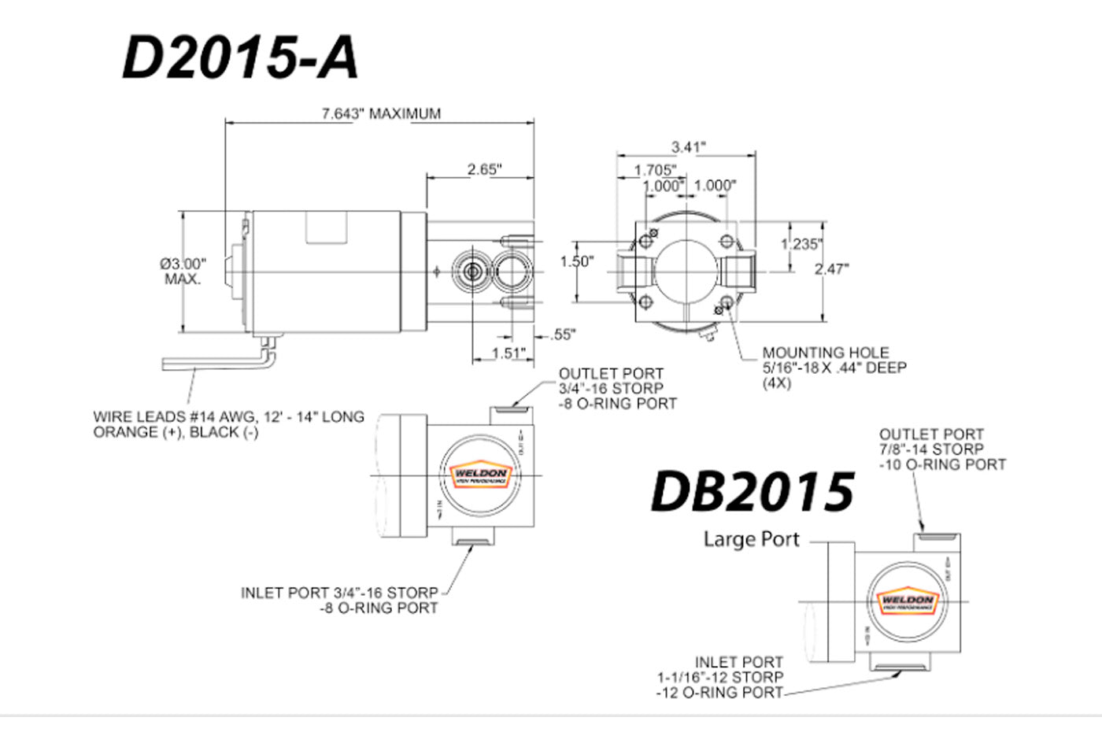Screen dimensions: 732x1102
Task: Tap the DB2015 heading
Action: coord(752,491)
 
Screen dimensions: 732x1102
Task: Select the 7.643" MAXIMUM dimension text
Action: coord(381,113)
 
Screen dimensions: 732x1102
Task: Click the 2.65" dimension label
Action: coord(484,169)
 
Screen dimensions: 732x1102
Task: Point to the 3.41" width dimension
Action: coord(688,146)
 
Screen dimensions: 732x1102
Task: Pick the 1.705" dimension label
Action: coord(655,170)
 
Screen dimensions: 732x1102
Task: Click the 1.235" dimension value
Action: coord(801,244)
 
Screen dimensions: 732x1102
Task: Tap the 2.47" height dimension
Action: coord(831,269)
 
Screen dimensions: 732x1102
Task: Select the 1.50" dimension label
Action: coord(576,261)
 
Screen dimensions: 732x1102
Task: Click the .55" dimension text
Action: coord(562,335)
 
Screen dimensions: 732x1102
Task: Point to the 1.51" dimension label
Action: coord(508,353)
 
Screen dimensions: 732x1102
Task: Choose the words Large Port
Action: coord(751,539)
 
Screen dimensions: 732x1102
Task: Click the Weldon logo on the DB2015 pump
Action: coord(907,602)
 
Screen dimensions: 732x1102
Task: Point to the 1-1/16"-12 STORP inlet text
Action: coord(720,677)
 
